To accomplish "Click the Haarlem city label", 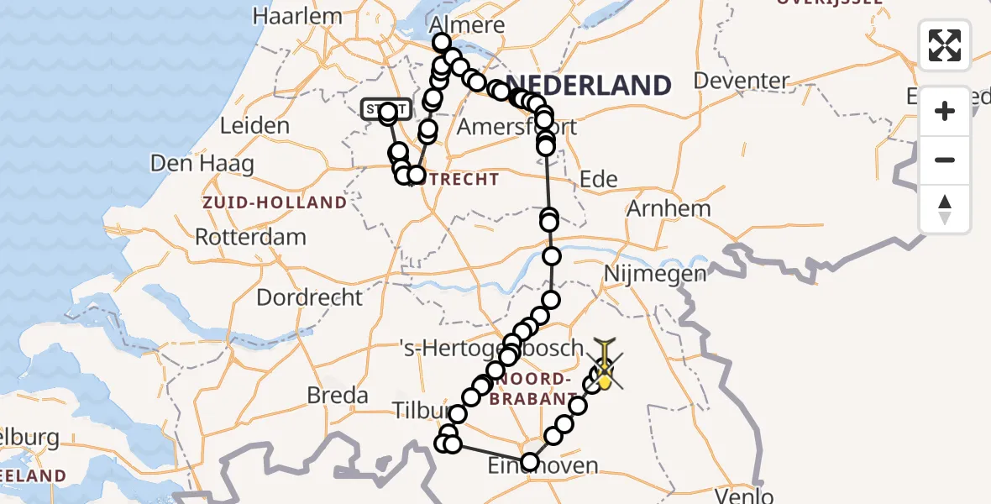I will (x=298, y=16).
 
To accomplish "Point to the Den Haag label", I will (x=202, y=163).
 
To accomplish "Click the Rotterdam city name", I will (x=250, y=236).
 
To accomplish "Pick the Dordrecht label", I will (x=309, y=297).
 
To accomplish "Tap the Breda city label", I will (x=338, y=395).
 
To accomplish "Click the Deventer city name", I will (x=742, y=81).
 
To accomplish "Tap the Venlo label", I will (x=745, y=496).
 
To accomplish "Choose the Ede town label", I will (x=599, y=178).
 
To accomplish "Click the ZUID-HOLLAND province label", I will (x=274, y=202).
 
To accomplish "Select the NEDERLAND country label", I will (x=590, y=85).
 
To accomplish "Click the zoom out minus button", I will (x=945, y=160).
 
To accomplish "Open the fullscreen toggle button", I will (x=945, y=45).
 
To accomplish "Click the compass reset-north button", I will (x=945, y=208).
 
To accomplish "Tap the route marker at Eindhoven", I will (x=530, y=462).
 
